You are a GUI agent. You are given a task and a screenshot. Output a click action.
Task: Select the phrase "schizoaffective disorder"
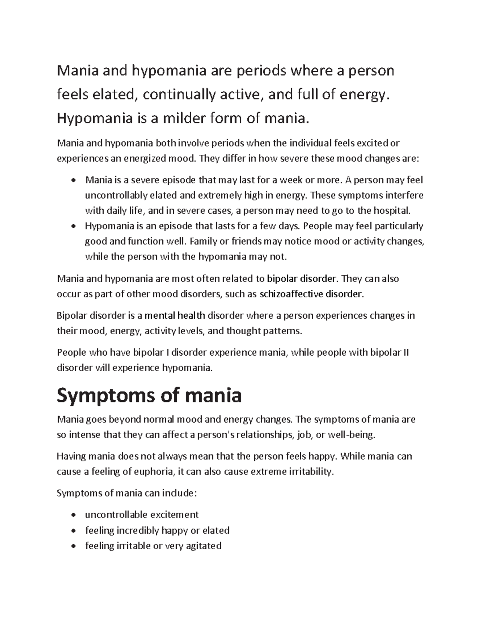point(311,294)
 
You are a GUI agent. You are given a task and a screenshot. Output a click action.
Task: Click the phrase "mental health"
point(175,315)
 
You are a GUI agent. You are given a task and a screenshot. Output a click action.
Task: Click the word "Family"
point(203,241)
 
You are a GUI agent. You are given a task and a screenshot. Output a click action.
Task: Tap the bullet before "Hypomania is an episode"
point(73,227)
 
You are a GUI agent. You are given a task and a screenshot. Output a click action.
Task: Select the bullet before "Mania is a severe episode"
point(73,180)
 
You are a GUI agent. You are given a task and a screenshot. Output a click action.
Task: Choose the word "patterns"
point(282,331)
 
